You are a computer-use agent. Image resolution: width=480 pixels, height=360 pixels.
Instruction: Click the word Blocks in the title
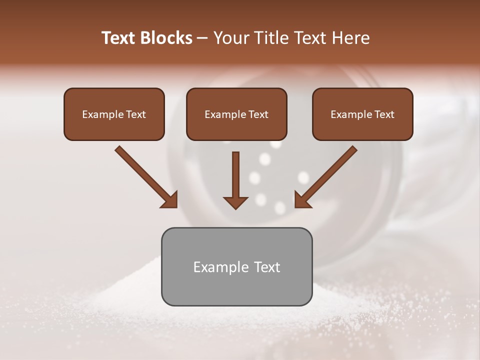(167, 38)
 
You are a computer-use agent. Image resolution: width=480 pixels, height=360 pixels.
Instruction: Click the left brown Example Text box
(114, 114)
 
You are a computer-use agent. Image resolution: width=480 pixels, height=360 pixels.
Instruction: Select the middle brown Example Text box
(236, 114)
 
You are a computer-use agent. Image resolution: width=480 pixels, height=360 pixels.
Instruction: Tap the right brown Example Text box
(362, 114)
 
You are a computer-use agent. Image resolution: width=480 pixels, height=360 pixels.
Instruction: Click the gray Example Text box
(236, 266)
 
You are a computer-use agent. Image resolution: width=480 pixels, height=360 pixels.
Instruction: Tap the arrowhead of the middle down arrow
(235, 202)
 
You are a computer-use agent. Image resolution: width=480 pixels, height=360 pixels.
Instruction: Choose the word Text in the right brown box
(384, 114)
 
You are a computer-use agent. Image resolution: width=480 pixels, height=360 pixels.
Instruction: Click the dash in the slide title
(202, 38)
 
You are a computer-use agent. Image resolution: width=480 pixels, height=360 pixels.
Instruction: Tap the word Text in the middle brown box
(258, 114)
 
